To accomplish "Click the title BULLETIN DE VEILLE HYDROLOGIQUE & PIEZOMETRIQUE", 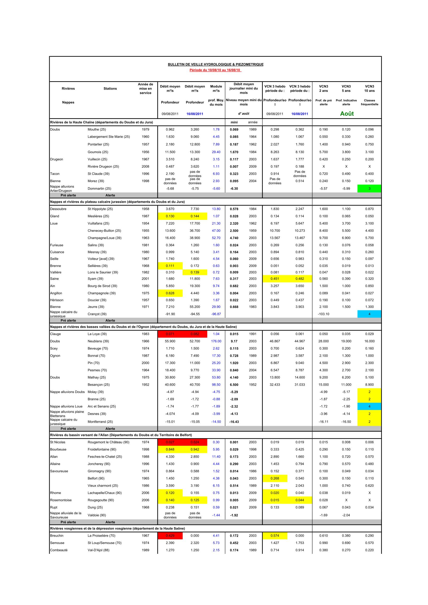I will click(215, 64).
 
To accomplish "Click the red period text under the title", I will click(215, 70).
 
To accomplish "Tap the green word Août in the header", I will click(347, 114).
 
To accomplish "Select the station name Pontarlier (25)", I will click(98, 144).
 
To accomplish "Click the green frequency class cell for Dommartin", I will click(369, 189).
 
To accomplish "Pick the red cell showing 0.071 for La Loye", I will click(170, 334).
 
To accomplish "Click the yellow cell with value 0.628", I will click(170, 293).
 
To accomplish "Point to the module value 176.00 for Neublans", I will click(216, 341).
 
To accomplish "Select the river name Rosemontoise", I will click(61, 500).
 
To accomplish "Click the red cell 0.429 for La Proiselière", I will click(170, 536).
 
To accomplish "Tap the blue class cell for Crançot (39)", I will click(369, 314).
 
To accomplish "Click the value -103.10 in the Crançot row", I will click(324, 314).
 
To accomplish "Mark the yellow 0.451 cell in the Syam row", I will click(275, 279).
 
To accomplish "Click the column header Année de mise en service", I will click(145, 88).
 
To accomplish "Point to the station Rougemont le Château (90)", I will click(108, 442).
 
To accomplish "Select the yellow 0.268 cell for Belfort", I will click(275, 478).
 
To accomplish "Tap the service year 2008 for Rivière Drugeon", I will click(145, 167).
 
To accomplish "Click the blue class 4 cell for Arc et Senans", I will click(369, 406).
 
